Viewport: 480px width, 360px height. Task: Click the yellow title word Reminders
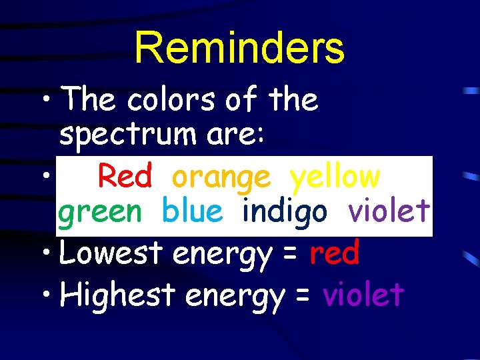click(x=239, y=47)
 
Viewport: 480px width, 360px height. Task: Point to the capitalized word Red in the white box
click(x=125, y=177)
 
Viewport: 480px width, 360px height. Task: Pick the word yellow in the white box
click(x=335, y=177)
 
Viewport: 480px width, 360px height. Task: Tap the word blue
click(x=192, y=212)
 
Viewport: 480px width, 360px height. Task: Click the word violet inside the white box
click(x=389, y=212)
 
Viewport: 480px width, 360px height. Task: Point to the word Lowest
click(x=111, y=253)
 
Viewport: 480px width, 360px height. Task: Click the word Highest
click(x=117, y=295)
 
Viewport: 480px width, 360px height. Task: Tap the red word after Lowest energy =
click(x=335, y=253)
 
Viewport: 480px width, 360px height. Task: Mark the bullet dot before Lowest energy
click(x=48, y=254)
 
